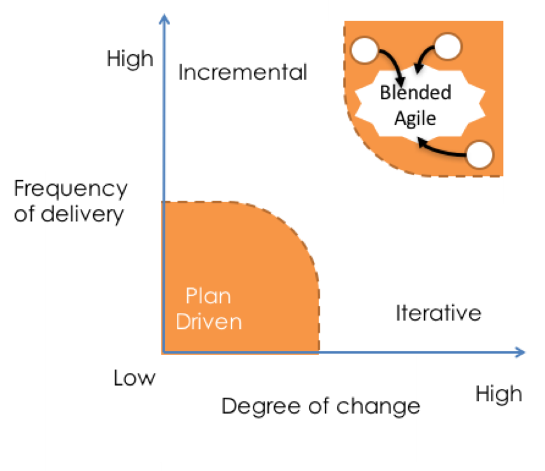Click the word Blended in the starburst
(415, 92)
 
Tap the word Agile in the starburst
(415, 118)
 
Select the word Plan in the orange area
(208, 296)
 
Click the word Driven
(209, 321)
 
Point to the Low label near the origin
(134, 378)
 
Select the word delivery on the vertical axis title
(83, 214)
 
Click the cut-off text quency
(85, 189)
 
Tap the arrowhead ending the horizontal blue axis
(521, 352)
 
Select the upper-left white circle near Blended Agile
(365, 50)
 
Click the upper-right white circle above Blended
(448, 47)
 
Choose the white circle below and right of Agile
(481, 154)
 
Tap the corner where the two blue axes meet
(164, 352)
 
